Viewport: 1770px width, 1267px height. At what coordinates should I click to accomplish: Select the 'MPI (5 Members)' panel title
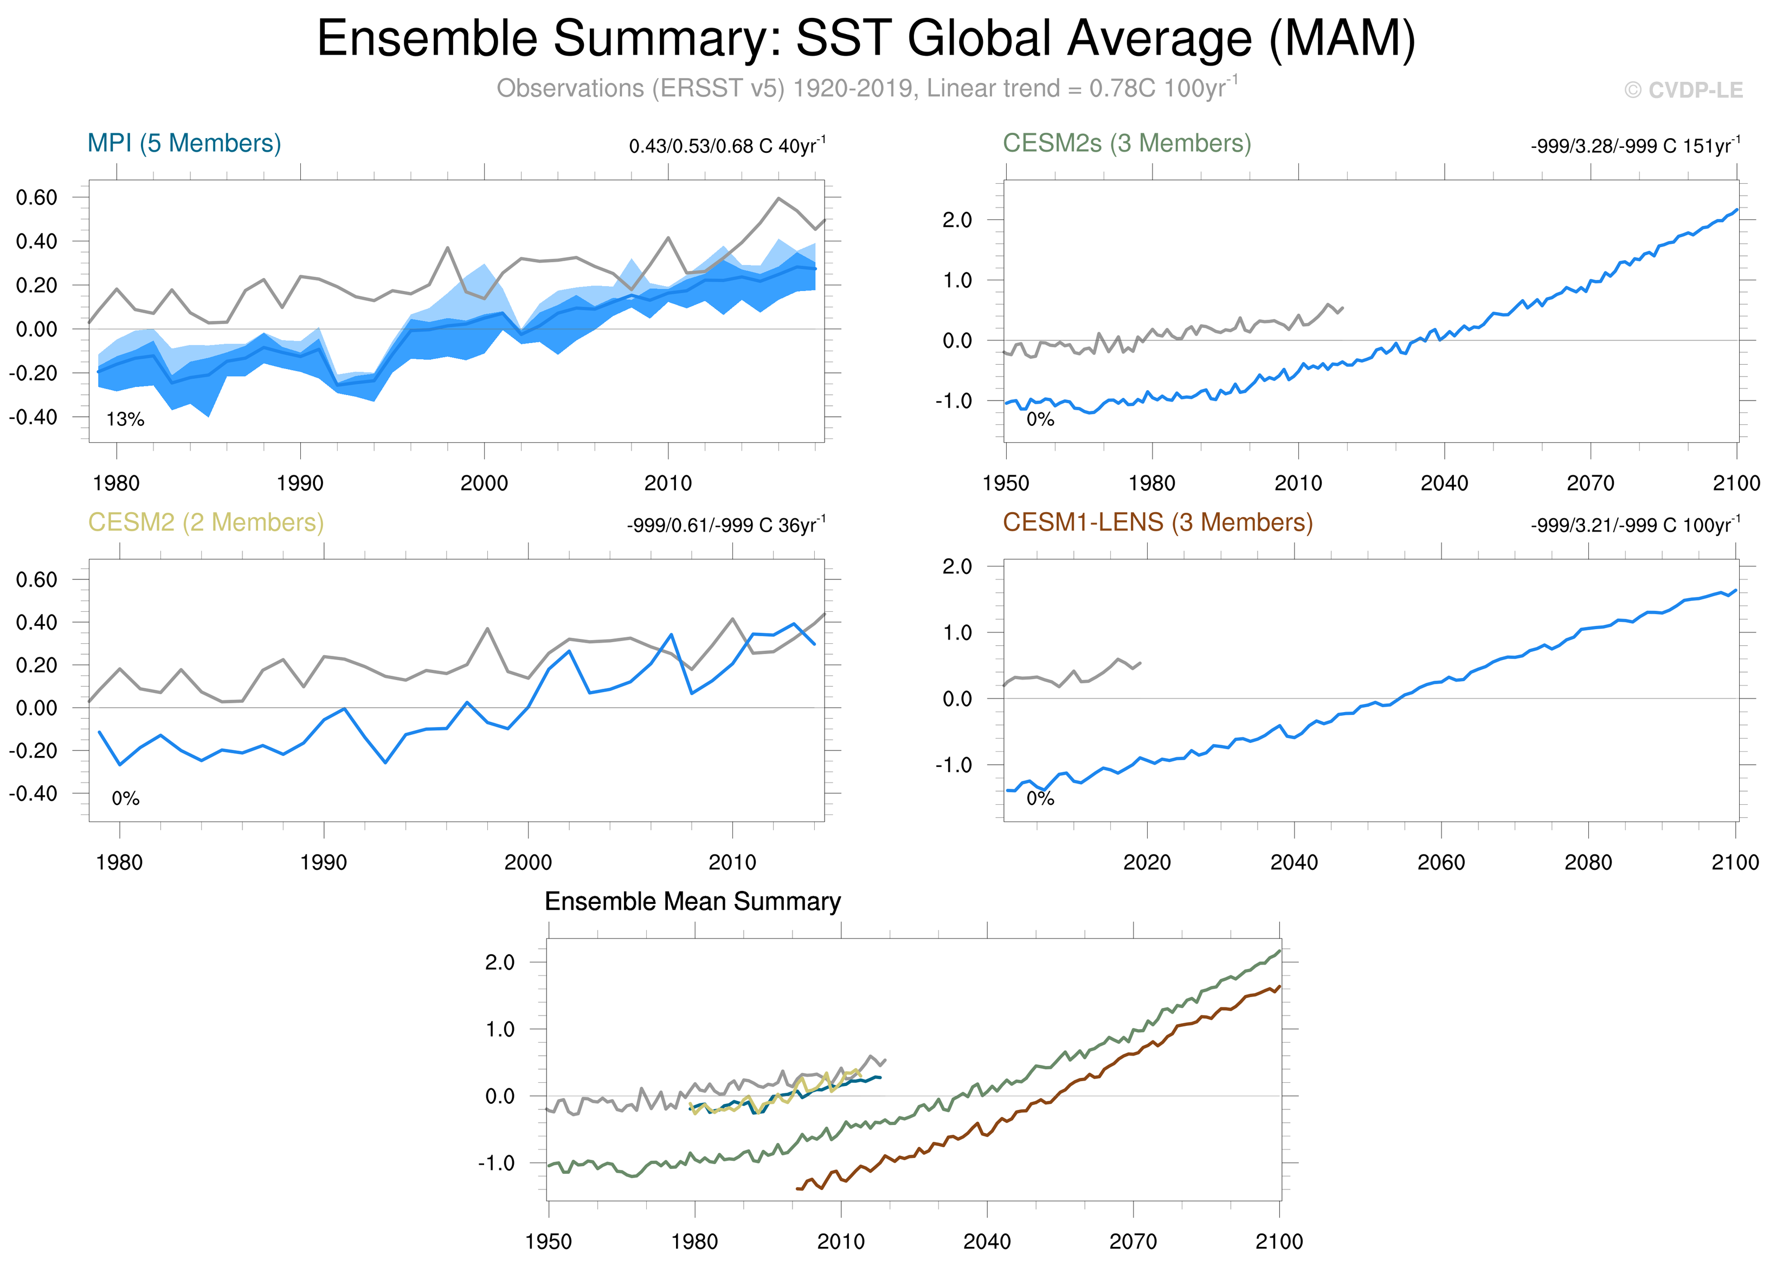[x=184, y=144]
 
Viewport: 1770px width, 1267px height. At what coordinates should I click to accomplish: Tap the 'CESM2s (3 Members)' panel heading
[x=1127, y=144]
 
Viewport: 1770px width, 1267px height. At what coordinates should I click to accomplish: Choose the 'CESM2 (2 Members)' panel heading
[x=206, y=522]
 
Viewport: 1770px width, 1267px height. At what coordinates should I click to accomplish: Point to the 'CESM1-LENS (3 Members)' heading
[x=1157, y=522]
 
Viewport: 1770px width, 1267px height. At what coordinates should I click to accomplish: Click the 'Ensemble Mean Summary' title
[x=692, y=901]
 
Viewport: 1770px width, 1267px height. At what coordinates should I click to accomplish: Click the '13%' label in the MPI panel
[x=125, y=420]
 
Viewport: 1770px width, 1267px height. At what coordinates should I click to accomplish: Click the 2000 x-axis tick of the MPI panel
[x=484, y=483]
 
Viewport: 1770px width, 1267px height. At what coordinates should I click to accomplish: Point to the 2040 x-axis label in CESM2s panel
[x=1444, y=483]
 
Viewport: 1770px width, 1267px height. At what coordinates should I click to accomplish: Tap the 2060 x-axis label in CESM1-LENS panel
[x=1440, y=862]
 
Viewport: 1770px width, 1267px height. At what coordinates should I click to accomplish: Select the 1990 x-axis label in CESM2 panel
[x=324, y=862]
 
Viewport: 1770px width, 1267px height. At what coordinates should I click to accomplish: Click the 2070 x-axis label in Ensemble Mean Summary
[x=1133, y=1241]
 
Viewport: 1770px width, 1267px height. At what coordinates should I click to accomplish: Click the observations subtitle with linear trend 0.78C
[x=866, y=88]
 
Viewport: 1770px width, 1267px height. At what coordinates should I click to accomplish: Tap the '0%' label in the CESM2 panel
[x=125, y=798]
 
